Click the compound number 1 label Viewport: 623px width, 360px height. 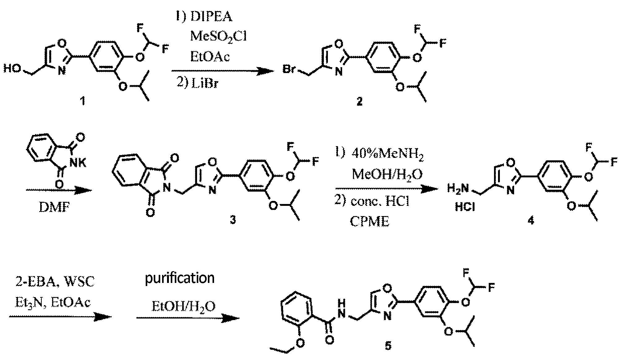[82, 101]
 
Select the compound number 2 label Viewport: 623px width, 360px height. [359, 102]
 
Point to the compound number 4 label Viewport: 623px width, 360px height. [531, 221]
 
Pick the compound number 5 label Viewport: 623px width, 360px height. [388, 346]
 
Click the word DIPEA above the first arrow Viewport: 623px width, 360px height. [211, 17]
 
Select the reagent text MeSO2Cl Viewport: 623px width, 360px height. [218, 36]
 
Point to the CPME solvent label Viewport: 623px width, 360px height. [370, 221]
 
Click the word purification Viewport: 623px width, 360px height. [180, 278]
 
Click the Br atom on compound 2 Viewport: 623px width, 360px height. [289, 70]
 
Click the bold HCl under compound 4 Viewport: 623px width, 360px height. [465, 207]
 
